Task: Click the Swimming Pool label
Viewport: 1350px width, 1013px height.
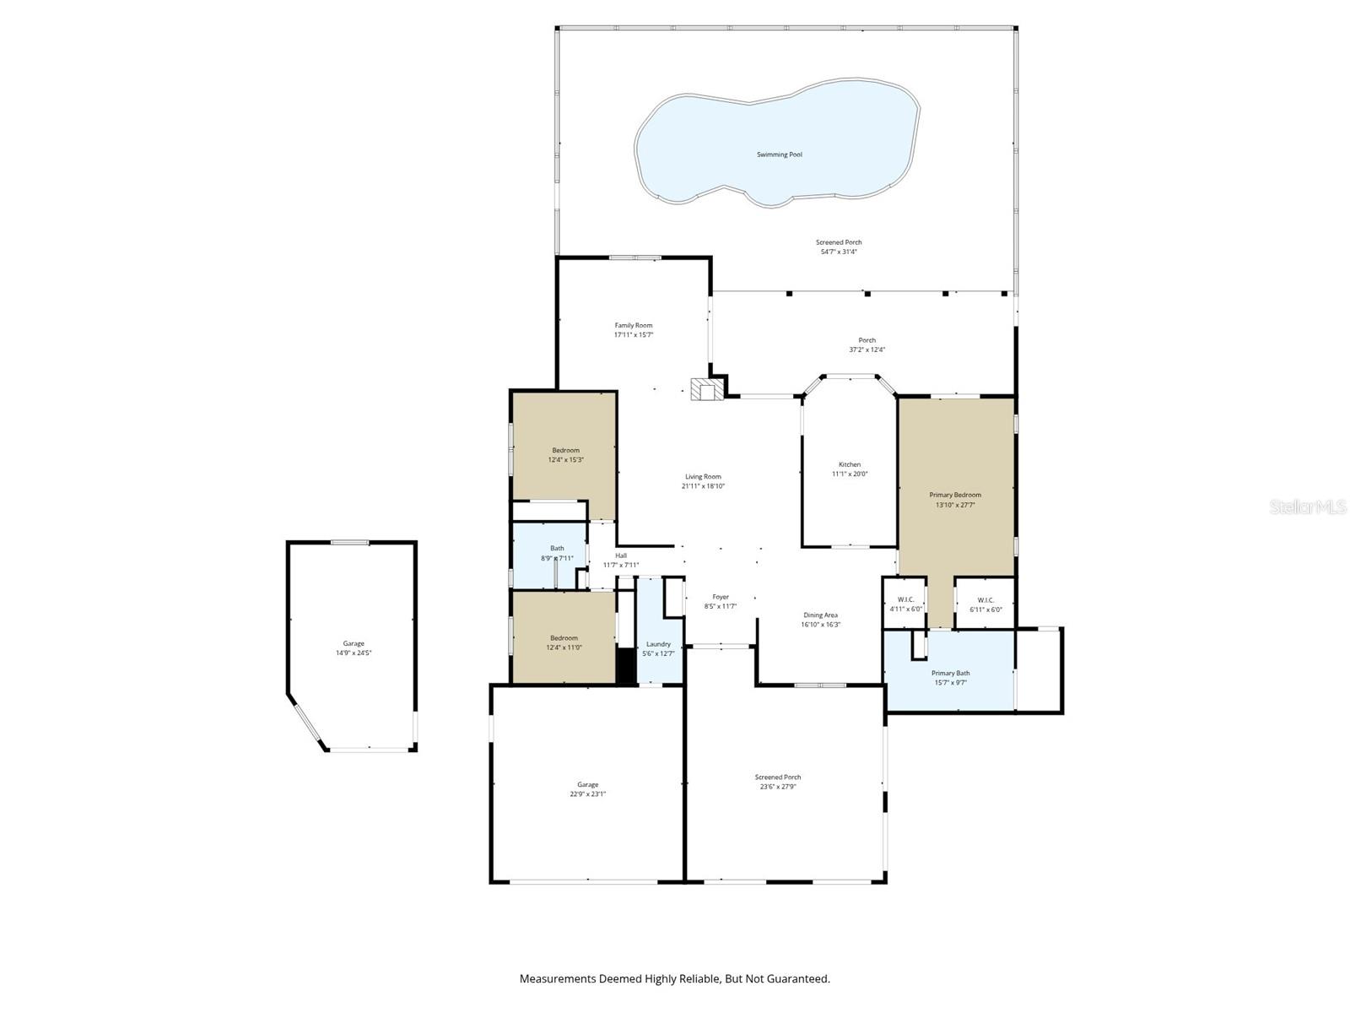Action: [x=779, y=154]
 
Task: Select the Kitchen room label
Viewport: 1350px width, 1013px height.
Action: [x=850, y=464]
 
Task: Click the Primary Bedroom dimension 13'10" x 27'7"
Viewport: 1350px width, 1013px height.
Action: [x=955, y=505]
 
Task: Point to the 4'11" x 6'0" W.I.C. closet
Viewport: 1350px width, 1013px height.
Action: [x=906, y=604]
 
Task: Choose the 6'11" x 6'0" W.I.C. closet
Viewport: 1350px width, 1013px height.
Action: [x=985, y=604]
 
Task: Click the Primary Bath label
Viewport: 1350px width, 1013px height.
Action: [x=950, y=673]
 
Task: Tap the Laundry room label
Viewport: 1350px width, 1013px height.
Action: [x=658, y=644]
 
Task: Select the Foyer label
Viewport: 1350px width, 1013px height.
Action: [x=721, y=597]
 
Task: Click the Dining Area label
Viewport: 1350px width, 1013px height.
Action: [x=820, y=615]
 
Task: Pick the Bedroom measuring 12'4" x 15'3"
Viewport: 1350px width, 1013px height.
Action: [x=565, y=455]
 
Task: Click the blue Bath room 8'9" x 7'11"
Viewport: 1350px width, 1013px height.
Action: [x=557, y=553]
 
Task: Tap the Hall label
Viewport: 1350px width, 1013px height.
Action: [x=621, y=555]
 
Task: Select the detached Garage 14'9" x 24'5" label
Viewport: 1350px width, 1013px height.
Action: [x=354, y=647]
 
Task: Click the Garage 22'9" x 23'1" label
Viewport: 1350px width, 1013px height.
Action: [x=587, y=788]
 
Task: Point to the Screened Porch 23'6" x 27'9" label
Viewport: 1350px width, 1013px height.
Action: [x=777, y=782]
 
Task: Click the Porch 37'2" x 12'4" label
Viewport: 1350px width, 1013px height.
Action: [x=867, y=344]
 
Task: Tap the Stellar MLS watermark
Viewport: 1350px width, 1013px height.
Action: [x=1309, y=507]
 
